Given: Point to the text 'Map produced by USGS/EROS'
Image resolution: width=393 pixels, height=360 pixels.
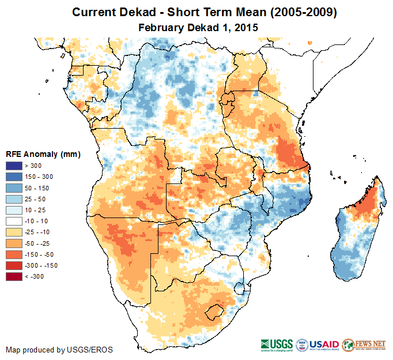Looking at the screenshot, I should pos(59,350).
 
